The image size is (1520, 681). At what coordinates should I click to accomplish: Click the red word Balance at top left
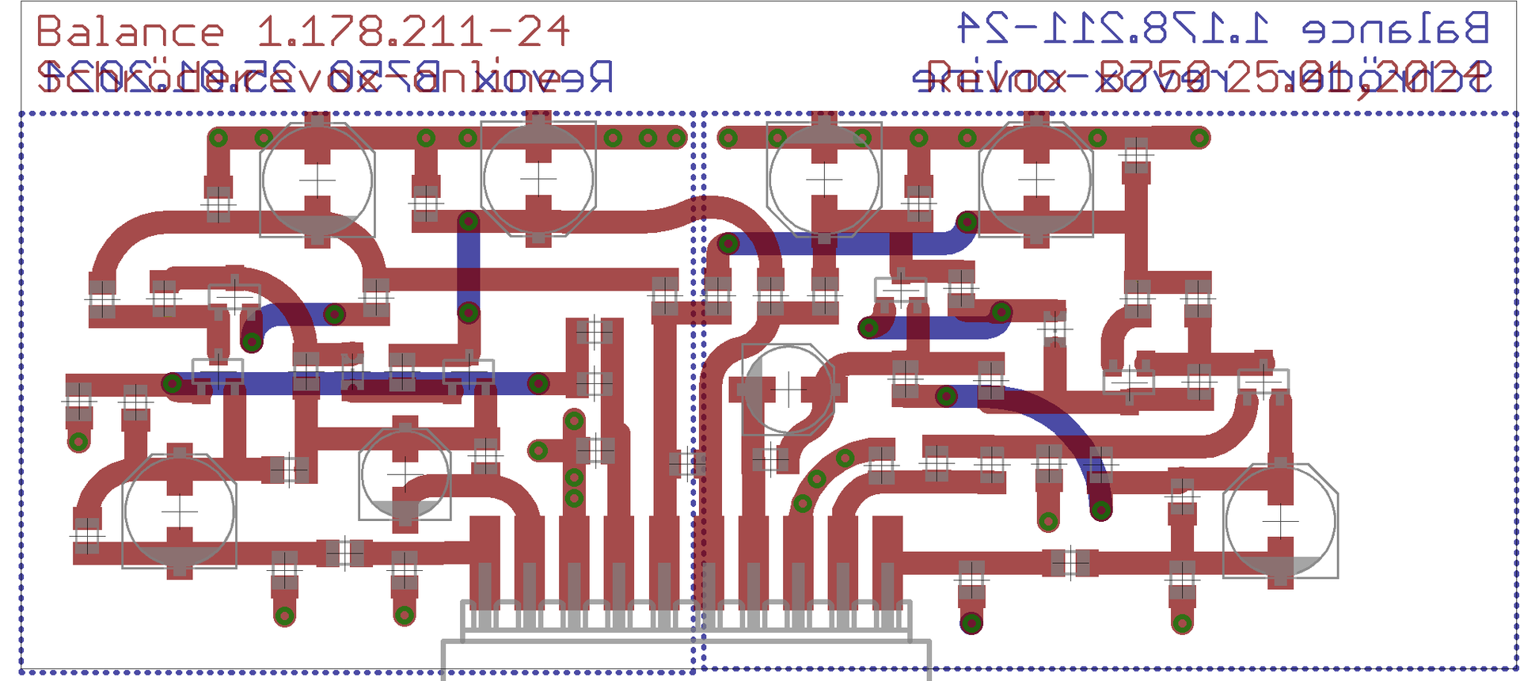click(x=131, y=32)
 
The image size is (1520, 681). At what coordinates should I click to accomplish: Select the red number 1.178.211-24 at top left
click(x=412, y=32)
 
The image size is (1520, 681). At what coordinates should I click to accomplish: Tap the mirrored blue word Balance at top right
click(x=1396, y=29)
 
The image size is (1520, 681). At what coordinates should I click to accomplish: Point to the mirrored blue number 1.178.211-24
click(x=1112, y=29)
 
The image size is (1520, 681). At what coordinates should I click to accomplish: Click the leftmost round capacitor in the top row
click(x=317, y=180)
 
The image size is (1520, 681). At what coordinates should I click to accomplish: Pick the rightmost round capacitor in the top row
click(x=1036, y=179)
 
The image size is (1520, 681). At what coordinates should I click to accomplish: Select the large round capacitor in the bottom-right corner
click(x=1280, y=522)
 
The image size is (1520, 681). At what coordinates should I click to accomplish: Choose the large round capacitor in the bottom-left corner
click(x=180, y=511)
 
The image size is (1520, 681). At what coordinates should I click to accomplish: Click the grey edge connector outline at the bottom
click(x=686, y=641)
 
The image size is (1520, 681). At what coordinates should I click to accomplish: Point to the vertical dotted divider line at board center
click(x=694, y=396)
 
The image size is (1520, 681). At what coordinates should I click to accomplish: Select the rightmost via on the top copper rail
click(x=1199, y=138)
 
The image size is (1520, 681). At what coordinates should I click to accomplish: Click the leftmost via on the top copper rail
click(x=218, y=138)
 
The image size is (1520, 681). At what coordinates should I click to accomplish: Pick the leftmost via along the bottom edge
click(x=284, y=615)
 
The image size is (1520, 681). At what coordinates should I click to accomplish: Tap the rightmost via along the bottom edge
click(x=1182, y=622)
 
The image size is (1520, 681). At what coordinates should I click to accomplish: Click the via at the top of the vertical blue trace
click(x=469, y=221)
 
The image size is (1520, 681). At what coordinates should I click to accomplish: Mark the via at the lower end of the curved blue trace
click(x=1100, y=510)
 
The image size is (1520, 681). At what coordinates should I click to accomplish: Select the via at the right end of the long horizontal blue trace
click(x=538, y=384)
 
